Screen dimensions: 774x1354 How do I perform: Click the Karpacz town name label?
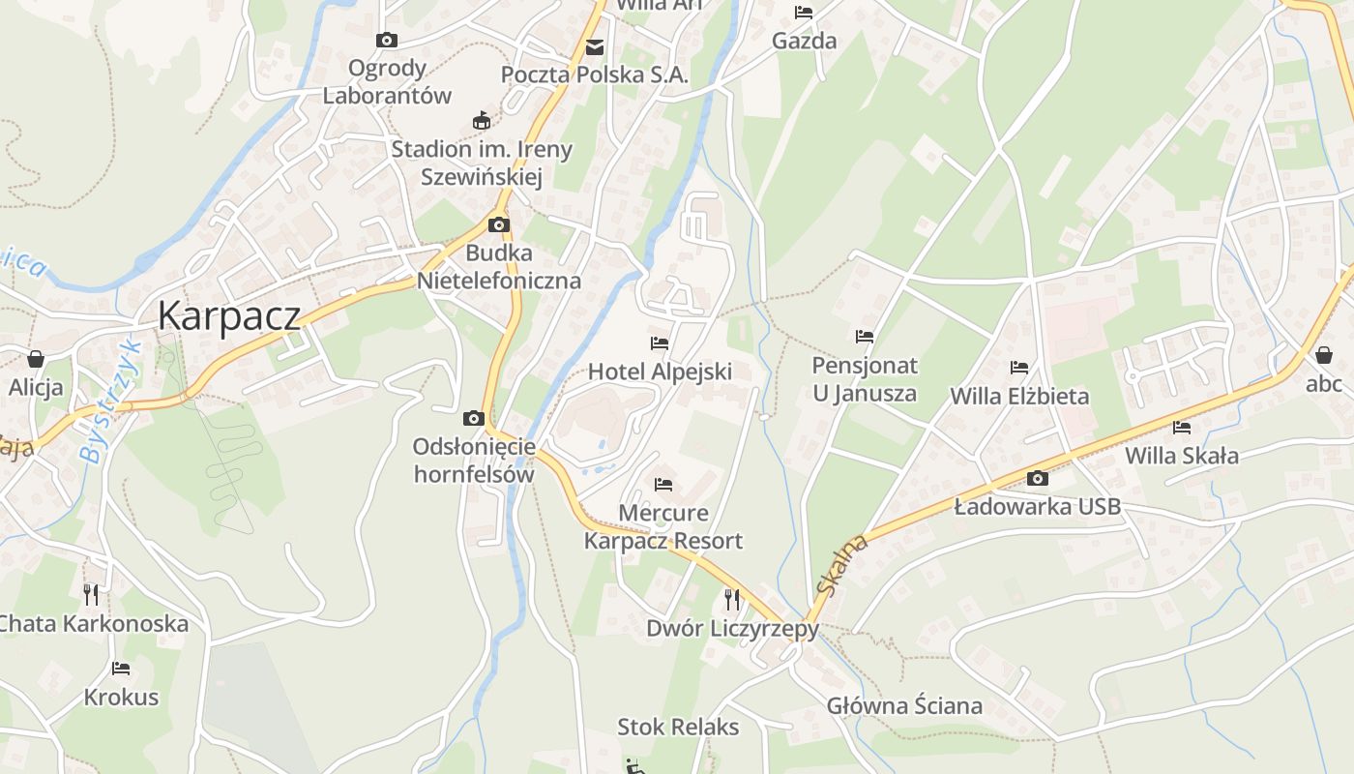pos(229,315)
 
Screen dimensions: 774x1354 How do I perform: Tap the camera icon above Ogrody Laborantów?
pos(387,40)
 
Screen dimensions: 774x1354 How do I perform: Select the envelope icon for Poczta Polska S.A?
pos(594,46)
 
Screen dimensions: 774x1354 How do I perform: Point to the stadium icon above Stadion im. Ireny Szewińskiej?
pos(481,121)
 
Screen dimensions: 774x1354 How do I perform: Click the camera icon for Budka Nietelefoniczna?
pos(499,225)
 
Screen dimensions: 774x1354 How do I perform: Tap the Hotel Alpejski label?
pos(661,372)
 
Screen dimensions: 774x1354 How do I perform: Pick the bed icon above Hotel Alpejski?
pos(660,343)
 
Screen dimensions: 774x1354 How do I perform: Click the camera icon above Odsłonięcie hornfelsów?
pos(474,418)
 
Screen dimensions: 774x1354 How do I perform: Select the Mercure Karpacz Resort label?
pos(663,526)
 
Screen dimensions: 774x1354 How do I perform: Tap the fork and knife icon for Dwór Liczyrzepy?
pos(732,600)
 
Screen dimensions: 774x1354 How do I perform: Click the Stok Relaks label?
pos(678,727)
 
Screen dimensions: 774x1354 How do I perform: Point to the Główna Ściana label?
pos(904,705)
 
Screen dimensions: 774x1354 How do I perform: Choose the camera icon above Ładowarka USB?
pos(1038,478)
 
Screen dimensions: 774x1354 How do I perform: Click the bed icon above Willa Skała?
pos(1182,427)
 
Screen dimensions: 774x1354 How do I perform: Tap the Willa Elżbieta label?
pos(1019,396)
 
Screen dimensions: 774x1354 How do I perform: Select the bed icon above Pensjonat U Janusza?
pos(865,337)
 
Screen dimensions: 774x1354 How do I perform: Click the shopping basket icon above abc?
pos(1324,355)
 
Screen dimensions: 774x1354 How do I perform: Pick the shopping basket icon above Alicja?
pos(36,359)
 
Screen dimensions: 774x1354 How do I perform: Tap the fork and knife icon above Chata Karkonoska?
pos(91,594)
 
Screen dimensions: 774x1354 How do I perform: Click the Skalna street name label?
pos(842,565)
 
